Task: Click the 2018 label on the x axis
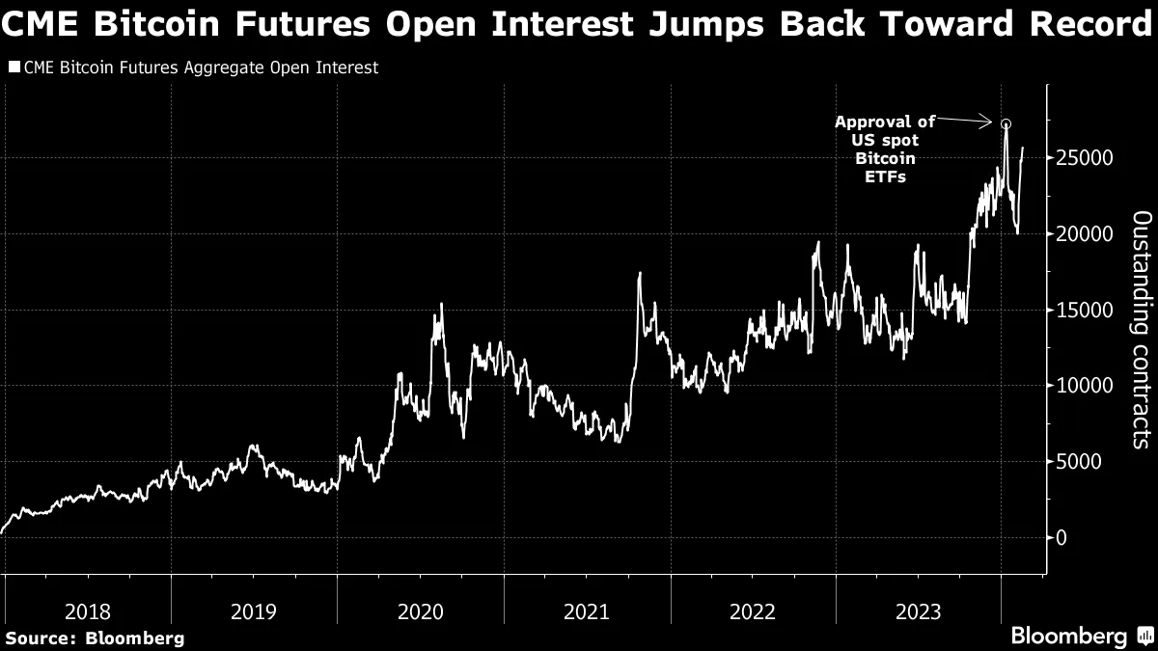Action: click(x=88, y=610)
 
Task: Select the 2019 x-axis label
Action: click(x=254, y=610)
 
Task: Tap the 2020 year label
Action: click(x=420, y=610)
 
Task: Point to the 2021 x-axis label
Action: click(x=586, y=610)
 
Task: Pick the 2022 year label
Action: click(x=753, y=610)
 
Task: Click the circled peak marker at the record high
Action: click(x=1006, y=123)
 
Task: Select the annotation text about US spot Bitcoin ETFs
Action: click(x=885, y=149)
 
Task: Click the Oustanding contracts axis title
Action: click(x=1140, y=329)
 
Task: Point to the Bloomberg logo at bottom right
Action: click(x=1082, y=636)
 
